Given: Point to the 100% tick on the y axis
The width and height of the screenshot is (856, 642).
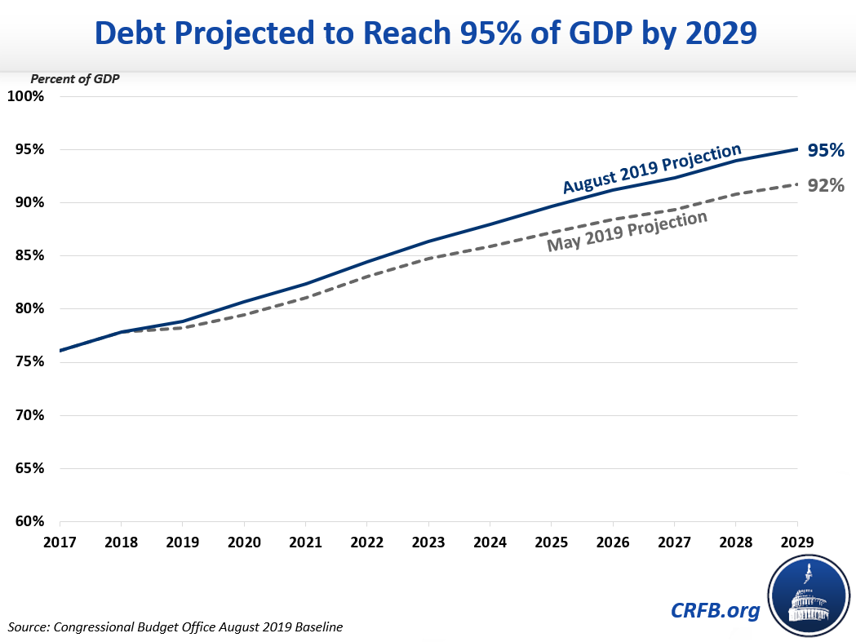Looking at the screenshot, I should (26, 96).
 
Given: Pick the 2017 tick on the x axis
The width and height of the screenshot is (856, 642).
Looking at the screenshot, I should (60, 541).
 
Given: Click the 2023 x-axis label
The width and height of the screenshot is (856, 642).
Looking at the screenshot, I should (428, 541).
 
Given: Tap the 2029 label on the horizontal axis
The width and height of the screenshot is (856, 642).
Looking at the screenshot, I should (796, 541).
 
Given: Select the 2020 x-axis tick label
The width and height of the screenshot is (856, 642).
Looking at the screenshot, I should (244, 541).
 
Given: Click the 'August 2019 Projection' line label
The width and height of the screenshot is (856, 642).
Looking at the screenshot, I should (651, 169).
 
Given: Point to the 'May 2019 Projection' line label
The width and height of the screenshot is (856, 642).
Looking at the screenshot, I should (627, 232).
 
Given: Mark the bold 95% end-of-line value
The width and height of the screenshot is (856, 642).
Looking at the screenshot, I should (826, 150).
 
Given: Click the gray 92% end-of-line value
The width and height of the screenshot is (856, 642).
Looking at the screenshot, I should (826, 186).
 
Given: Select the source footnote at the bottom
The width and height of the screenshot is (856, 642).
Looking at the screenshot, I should (175, 627).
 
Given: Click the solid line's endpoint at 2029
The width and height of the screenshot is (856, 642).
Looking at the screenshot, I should (796, 149).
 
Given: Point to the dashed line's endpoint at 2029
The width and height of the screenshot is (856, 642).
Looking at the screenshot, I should (796, 184).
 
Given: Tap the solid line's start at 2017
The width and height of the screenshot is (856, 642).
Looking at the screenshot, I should (60, 351).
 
